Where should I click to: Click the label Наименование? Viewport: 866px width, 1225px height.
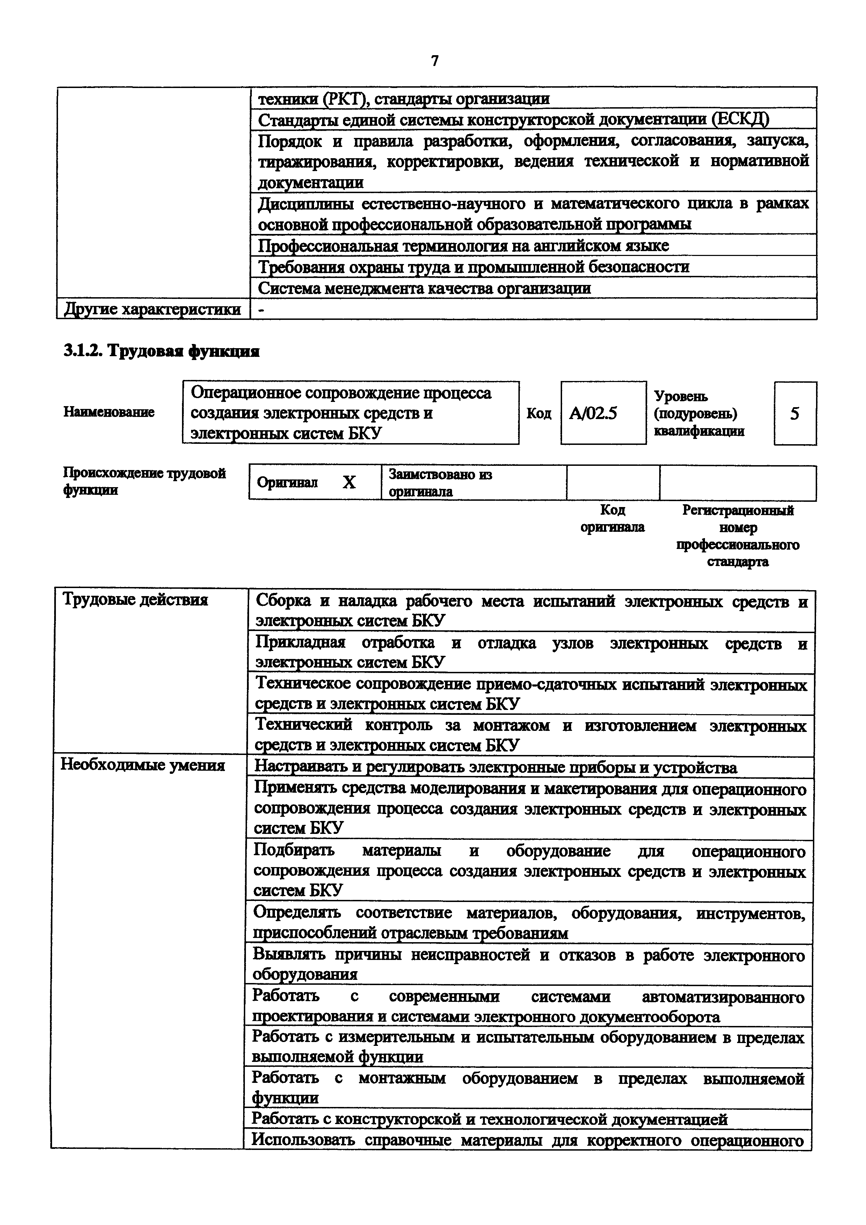point(109,412)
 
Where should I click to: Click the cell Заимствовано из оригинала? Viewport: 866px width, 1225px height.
point(440,482)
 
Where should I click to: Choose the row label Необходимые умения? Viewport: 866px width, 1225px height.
point(143,765)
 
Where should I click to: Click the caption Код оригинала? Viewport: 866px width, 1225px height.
point(612,519)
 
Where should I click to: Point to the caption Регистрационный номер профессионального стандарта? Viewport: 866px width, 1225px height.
point(738,536)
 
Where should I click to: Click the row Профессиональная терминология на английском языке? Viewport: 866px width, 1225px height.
point(463,245)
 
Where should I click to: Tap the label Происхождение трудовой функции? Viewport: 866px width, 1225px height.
point(144,481)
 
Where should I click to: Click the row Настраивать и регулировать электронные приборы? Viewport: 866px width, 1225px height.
point(495,767)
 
